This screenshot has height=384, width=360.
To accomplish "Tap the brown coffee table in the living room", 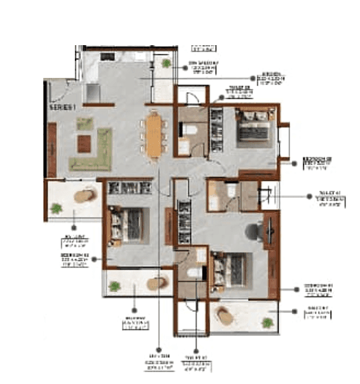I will tap(84, 143).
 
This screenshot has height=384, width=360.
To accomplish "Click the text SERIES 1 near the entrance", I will tap(61, 107).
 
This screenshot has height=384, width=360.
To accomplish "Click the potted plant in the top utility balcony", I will tap(166, 62).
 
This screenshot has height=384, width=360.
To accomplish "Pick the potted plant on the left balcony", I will tap(57, 209).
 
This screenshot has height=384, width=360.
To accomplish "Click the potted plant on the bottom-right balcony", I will tap(267, 322).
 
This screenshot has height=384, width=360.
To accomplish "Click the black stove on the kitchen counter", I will tap(107, 56).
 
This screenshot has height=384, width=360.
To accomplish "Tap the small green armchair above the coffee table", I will tap(85, 124).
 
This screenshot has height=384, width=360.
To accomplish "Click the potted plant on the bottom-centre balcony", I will tap(115, 286).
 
